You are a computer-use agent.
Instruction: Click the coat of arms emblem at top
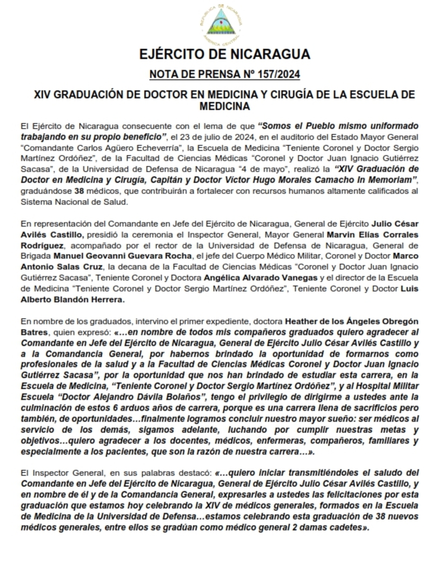coord(223,25)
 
